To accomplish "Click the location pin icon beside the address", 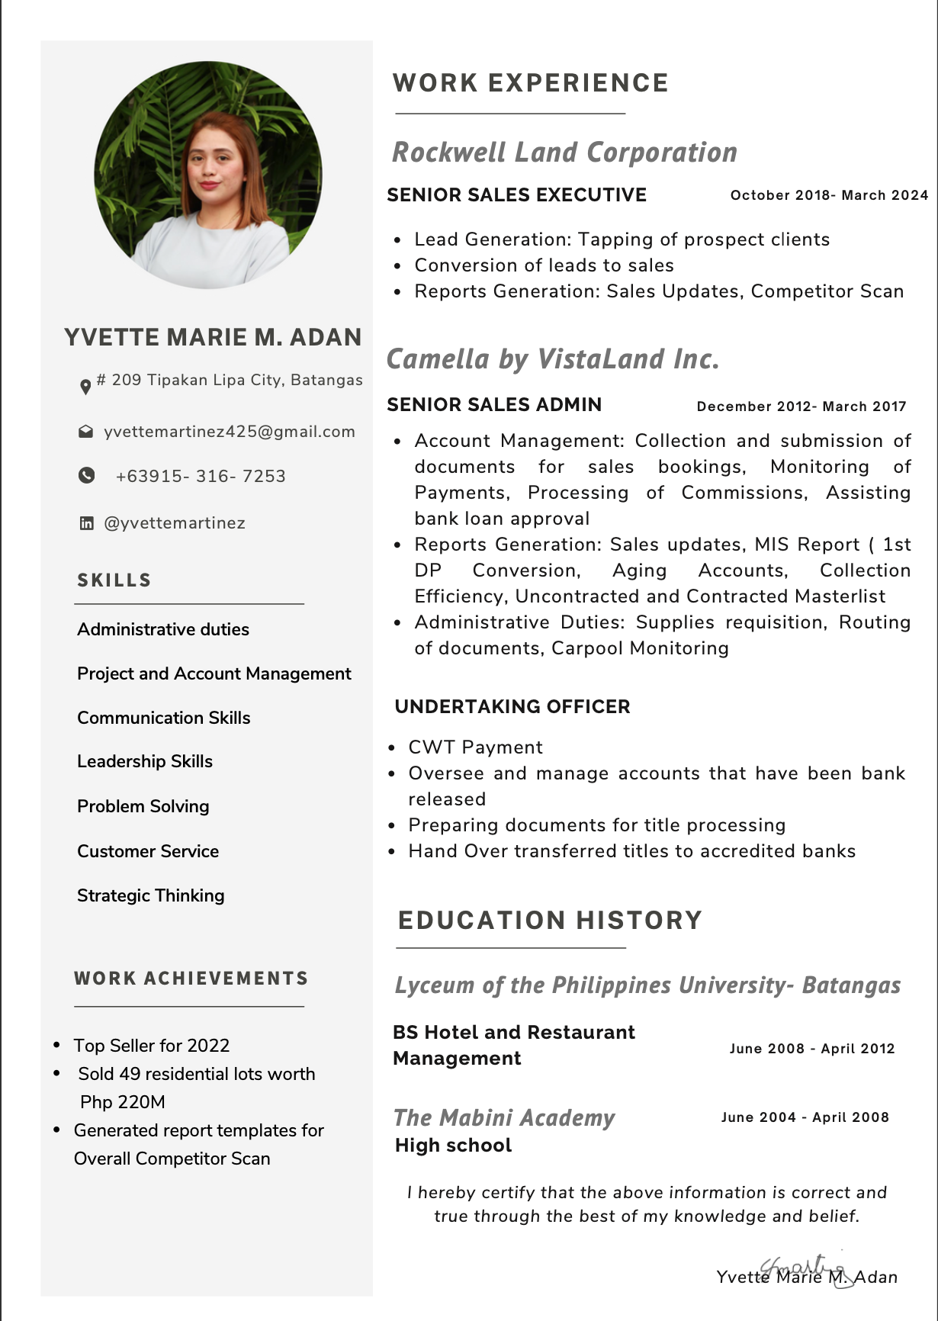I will click(x=85, y=387).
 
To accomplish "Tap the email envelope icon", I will click(x=86, y=432).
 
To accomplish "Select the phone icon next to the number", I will click(x=87, y=475).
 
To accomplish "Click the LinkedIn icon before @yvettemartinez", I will click(x=87, y=523).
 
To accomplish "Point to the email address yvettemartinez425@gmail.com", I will click(x=230, y=432).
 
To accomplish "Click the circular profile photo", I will click(x=207, y=175).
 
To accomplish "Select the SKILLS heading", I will click(x=114, y=580).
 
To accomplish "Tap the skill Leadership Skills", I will click(x=145, y=761).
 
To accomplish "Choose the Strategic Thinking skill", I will click(x=151, y=895).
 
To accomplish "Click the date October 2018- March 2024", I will click(x=829, y=195).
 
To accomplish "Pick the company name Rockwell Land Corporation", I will click(x=564, y=153).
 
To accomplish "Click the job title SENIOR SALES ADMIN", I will click(x=494, y=405).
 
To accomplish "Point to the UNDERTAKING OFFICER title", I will click(x=512, y=707).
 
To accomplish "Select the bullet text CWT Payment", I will click(x=476, y=747).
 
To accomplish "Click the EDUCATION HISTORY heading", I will click(x=550, y=921).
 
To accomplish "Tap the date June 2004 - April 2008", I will click(x=805, y=1117).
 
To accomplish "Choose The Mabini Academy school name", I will click(x=505, y=1118).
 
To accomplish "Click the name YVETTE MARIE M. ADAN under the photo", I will click(x=213, y=338).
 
